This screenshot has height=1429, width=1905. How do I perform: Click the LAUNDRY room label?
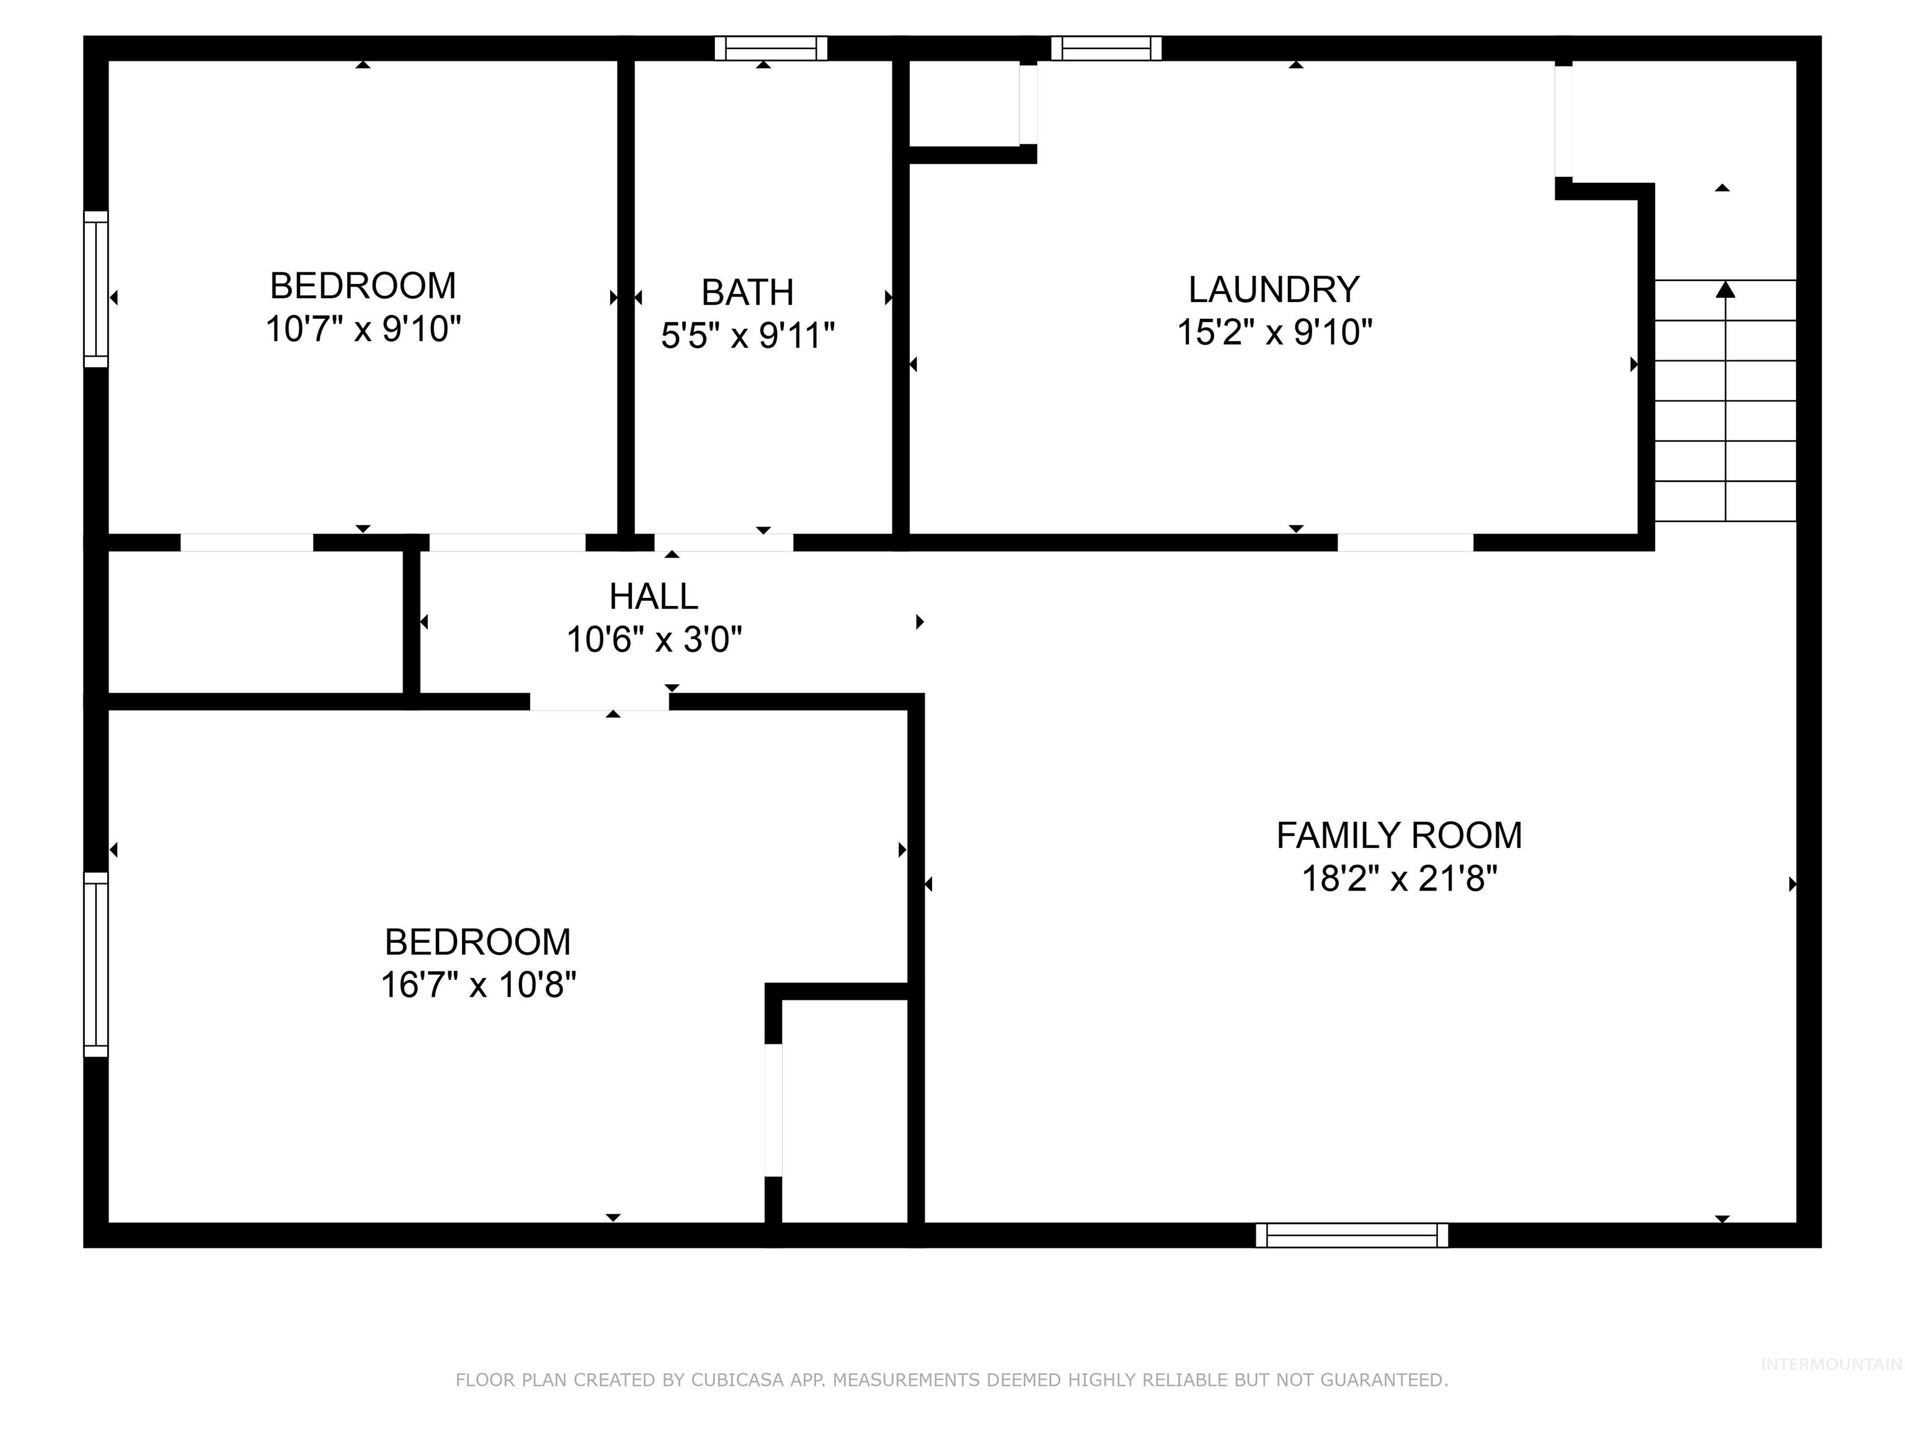pyautogui.click(x=1274, y=290)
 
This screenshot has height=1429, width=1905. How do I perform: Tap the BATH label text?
pyautogui.click(x=747, y=293)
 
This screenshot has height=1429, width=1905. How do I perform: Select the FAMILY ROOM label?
pyautogui.click(x=1398, y=835)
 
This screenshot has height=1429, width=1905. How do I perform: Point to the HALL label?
pyautogui.click(x=654, y=596)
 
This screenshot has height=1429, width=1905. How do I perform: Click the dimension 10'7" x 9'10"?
pyautogui.click(x=363, y=329)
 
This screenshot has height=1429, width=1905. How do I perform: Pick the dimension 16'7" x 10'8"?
pyautogui.click(x=478, y=984)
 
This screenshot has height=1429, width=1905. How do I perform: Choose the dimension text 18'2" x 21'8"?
pyautogui.click(x=1398, y=879)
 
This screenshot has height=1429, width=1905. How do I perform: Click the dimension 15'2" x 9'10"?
pyautogui.click(x=1274, y=332)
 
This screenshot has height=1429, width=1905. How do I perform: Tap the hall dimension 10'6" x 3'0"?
pyautogui.click(x=654, y=640)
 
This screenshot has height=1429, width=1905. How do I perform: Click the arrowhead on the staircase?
pyautogui.click(x=1725, y=290)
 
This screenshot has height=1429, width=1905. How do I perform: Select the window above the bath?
pyautogui.click(x=771, y=48)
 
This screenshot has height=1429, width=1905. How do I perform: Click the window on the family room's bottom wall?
pyautogui.click(x=1351, y=1235)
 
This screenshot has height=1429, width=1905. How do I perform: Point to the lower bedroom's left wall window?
pyautogui.click(x=95, y=964)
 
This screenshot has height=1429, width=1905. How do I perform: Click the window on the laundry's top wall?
pyautogui.click(x=1106, y=48)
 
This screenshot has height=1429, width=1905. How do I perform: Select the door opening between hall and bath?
pyautogui.click(x=724, y=543)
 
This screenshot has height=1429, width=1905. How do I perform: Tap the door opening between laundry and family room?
pyautogui.click(x=1405, y=543)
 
